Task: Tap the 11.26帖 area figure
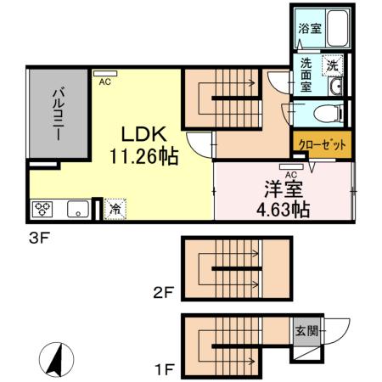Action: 143,157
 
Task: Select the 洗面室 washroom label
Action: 306,74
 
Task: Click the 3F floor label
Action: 41,238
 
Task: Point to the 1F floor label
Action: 164,369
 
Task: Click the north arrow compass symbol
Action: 56,360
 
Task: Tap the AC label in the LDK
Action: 105,82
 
